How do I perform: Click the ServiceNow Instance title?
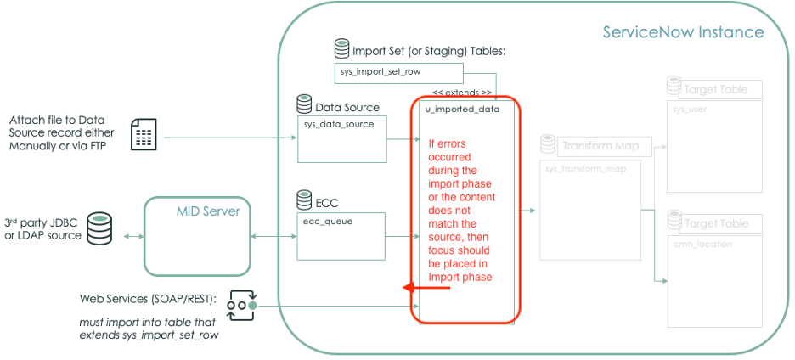pyautogui.click(x=683, y=33)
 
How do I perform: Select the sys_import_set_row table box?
pyautogui.click(x=398, y=73)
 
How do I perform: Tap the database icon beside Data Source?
pyautogui.click(x=304, y=105)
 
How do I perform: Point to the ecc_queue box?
pyautogui.click(x=341, y=235)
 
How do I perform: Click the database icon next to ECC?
pyautogui.click(x=304, y=201)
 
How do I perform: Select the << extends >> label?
pyautogui.click(x=461, y=92)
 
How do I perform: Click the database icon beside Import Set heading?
pyautogui.click(x=341, y=50)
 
